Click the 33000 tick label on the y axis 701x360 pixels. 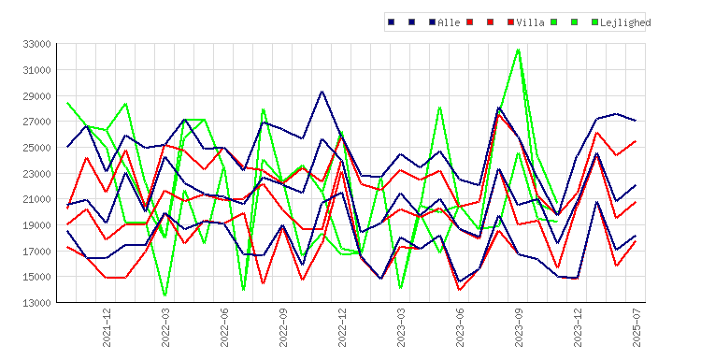coord(36,44)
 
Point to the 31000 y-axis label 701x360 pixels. coord(36,70)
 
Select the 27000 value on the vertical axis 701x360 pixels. coord(36,122)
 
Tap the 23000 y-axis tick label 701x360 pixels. coord(36,174)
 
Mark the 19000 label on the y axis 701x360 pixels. coord(36,225)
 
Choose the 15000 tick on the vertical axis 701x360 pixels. coord(36,277)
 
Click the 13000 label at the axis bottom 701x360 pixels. coord(36,303)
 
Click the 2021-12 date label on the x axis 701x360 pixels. coord(107,327)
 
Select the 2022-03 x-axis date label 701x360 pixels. coord(165,327)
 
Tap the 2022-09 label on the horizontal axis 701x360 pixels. coord(283,327)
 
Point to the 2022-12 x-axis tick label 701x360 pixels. coord(342,327)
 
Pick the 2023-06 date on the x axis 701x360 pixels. coord(460,327)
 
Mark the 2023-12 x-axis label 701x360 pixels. coord(578,327)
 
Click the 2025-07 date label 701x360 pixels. coord(637,327)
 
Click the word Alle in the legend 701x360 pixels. coord(449,22)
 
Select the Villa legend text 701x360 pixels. coord(530,22)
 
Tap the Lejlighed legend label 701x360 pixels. coord(625,22)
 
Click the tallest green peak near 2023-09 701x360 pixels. coord(519,50)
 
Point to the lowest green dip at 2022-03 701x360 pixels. coord(165,295)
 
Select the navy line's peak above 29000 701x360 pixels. coord(322,92)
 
